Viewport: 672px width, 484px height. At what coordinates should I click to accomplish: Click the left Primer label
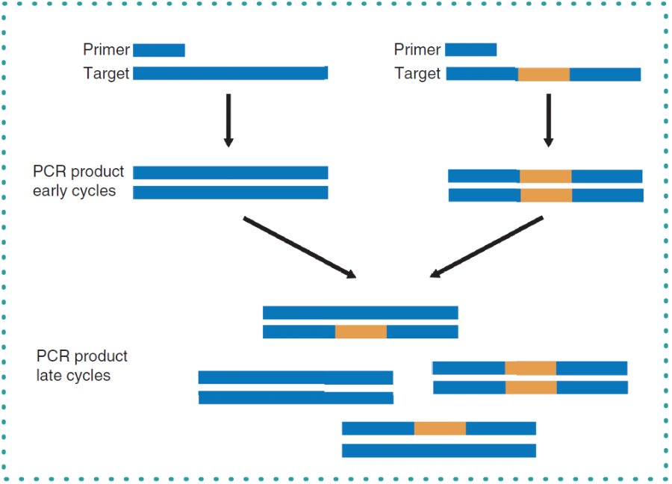107,50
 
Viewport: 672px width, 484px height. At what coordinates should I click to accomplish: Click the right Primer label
417,50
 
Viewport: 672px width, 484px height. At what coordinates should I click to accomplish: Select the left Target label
107,73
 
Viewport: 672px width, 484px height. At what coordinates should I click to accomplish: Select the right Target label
417,74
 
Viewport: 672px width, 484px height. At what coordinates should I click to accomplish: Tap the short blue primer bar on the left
159,50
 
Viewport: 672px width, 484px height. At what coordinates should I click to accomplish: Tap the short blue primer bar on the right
471,50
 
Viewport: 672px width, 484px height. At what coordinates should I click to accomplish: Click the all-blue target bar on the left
230,73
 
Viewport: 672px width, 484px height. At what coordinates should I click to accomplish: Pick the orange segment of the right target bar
544,75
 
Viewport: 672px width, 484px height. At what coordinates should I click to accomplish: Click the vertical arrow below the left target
228,120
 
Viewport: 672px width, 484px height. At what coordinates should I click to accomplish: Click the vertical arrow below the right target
548,120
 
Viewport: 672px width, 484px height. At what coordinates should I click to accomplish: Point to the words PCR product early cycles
78,181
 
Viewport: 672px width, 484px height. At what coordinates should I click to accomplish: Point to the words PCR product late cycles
81,365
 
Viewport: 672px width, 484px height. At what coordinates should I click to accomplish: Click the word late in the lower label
49,375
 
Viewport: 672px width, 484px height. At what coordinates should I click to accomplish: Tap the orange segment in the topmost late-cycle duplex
361,332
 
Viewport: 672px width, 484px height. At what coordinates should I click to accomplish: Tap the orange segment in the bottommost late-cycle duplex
440,428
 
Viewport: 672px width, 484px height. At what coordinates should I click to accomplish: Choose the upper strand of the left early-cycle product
230,173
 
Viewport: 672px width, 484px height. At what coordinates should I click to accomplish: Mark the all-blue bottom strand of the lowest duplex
439,450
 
